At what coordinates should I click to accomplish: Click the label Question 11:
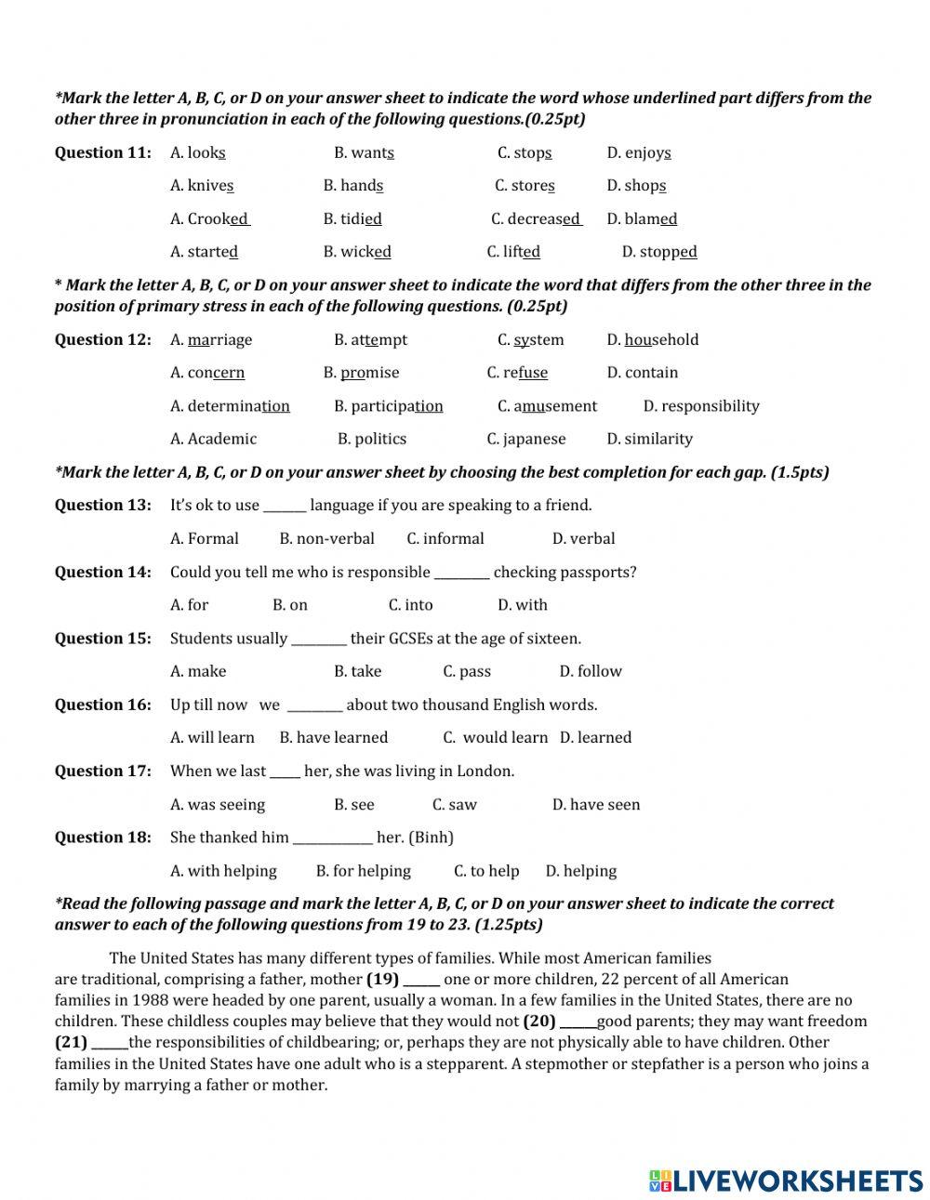pos(102,152)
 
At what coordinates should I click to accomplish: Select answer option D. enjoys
pos(639,152)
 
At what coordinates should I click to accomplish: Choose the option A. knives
pos(202,186)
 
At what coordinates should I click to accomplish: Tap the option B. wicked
pos(357,252)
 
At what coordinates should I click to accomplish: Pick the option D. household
pos(652,340)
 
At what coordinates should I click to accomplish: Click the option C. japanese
pos(525,439)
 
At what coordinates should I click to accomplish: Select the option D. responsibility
pos(701,406)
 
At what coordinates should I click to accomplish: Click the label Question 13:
pos(102,506)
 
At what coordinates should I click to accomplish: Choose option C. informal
pos(445,538)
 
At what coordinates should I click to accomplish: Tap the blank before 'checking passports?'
pos(461,574)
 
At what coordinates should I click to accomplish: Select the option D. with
pos(523,605)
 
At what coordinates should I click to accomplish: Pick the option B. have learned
pos(334,738)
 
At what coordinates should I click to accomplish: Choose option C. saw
pos(455,805)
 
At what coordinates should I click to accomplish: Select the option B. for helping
pos(363,871)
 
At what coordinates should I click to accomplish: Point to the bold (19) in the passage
pos(382,979)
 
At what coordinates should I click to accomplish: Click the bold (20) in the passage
pos(538,1022)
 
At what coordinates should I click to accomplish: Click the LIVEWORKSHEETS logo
pos(785,1180)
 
